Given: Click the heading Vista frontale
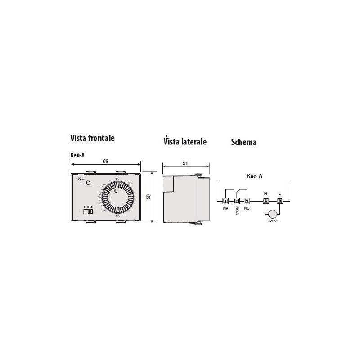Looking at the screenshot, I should click(92, 138).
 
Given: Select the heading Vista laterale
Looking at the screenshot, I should click(185, 142).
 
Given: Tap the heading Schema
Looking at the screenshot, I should click(243, 142).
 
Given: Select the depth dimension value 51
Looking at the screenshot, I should click(185, 164).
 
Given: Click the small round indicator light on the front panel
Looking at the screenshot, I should click(88, 183).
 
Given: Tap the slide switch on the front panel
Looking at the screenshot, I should click(89, 211).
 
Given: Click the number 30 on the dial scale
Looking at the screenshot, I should click(117, 180).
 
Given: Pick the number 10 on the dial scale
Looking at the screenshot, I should click(117, 217).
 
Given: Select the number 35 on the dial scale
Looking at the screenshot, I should click(130, 183).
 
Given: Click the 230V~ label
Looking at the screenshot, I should click(273, 221).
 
